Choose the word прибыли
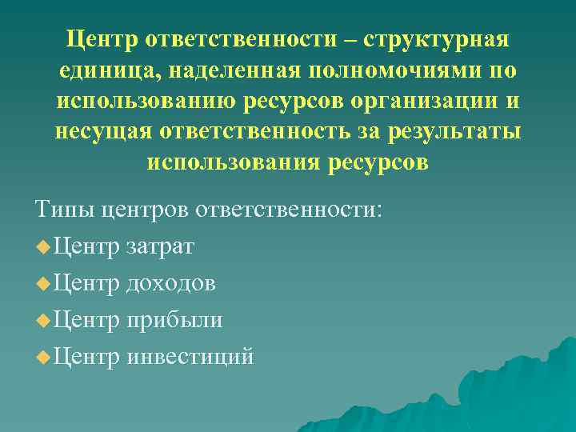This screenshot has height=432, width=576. click(174, 320)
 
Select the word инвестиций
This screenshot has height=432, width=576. click(190, 356)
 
